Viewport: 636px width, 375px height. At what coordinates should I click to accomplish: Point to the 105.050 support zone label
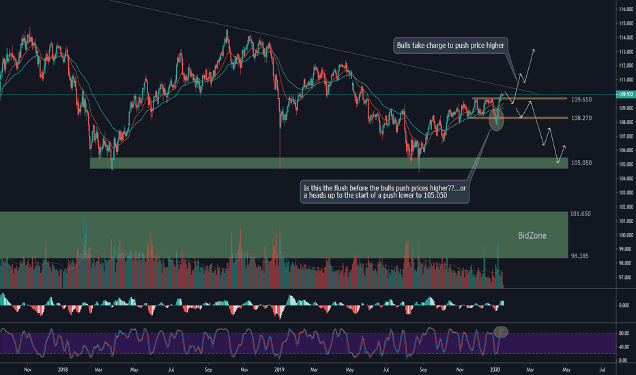click(x=581, y=164)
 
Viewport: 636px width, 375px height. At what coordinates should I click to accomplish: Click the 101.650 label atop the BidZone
click(x=581, y=214)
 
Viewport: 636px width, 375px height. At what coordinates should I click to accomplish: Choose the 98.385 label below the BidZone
click(x=581, y=256)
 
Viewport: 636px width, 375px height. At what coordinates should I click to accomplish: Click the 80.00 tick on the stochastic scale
click(x=623, y=333)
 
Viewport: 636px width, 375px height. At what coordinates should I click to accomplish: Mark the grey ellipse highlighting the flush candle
click(x=497, y=121)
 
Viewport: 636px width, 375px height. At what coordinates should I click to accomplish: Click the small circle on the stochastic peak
click(x=502, y=332)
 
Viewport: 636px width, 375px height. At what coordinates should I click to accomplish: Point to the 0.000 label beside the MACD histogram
click(x=624, y=305)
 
